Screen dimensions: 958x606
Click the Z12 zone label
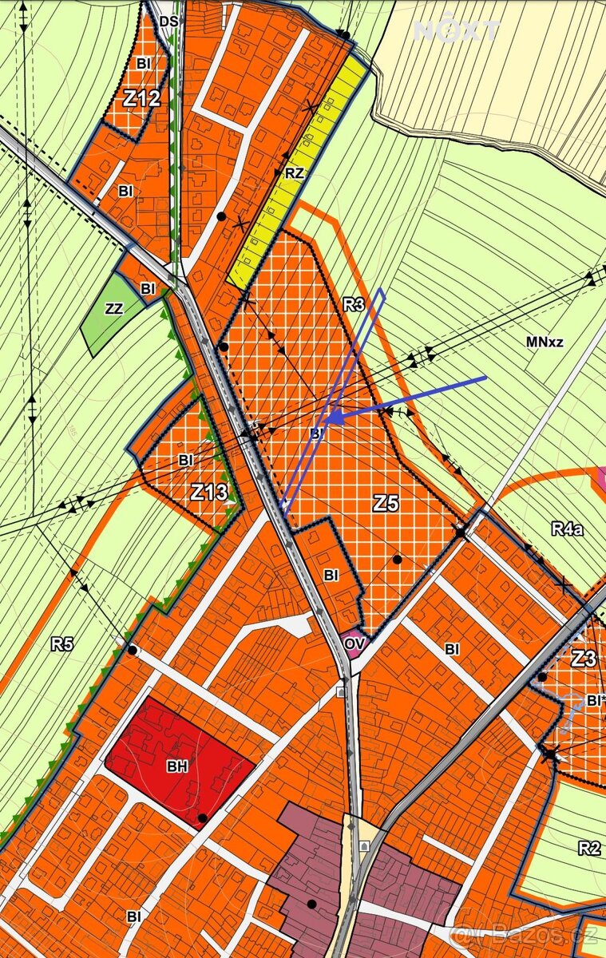pyautogui.click(x=142, y=100)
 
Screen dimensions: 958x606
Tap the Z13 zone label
pyautogui.click(x=209, y=492)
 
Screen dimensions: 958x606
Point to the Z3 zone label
pyautogui.click(x=584, y=659)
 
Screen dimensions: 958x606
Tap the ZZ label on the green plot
pyautogui.click(x=114, y=308)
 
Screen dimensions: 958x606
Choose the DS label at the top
pyautogui.click(x=168, y=22)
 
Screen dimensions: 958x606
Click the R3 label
pyautogui.click(x=354, y=304)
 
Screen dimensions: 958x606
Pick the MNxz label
pyautogui.click(x=545, y=342)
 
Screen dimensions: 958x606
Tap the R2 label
pyautogui.click(x=588, y=848)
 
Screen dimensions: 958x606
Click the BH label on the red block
pyautogui.click(x=177, y=767)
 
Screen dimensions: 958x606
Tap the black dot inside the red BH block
pyautogui.click(x=203, y=817)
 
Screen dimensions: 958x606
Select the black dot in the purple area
pyautogui.click(x=311, y=904)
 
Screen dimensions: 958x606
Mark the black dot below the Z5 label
pyautogui.click(x=397, y=560)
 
